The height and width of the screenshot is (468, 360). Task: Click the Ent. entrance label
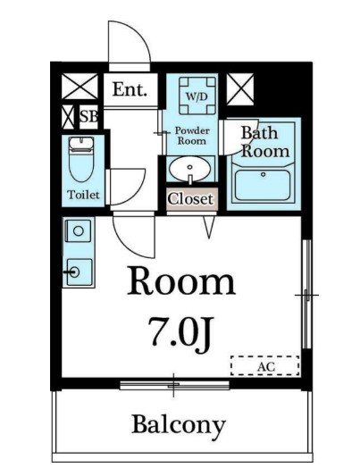[130, 89]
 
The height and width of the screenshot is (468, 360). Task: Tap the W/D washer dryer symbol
[197, 96]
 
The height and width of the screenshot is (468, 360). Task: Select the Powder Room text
[192, 136]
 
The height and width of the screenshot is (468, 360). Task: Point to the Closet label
[191, 199]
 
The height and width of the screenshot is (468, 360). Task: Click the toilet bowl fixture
[80, 160]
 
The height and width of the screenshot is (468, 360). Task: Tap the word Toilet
[83, 195]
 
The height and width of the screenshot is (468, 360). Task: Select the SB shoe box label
[88, 117]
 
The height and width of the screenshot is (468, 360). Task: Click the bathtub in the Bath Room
[263, 185]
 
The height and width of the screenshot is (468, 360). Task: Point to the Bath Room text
[265, 142]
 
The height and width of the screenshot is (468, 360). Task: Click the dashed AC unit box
[264, 365]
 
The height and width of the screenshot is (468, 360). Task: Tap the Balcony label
[179, 425]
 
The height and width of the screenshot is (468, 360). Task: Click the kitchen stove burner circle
[79, 230]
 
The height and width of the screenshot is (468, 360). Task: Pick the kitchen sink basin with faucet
[80, 272]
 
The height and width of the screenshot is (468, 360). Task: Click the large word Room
[181, 281]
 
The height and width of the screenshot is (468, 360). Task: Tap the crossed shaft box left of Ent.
[80, 87]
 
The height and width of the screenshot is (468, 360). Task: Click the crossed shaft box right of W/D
[240, 89]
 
